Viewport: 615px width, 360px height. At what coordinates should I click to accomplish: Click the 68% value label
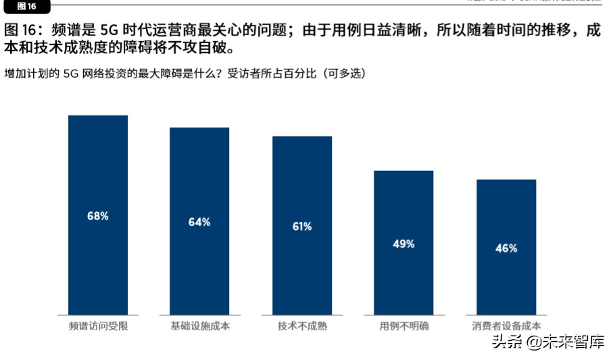coord(98,216)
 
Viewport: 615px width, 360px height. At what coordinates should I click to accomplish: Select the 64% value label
coord(199,222)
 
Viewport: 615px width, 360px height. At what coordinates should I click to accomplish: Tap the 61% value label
coord(302,226)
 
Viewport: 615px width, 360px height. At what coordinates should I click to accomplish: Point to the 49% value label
coord(403,244)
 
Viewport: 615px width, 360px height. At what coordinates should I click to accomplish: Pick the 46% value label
coord(506,248)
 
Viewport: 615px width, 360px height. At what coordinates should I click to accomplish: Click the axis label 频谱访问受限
coord(98,327)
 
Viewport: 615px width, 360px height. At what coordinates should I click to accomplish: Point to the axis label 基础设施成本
coord(199,327)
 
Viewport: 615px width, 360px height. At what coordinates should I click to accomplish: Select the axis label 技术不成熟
coord(302,327)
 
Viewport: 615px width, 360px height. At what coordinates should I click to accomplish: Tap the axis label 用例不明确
coord(403,327)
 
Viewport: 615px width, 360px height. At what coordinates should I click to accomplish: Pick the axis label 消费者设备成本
coord(506,327)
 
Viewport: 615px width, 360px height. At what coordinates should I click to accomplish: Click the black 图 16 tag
coord(26,6)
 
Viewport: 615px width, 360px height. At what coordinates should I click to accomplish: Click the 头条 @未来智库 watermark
coord(547,342)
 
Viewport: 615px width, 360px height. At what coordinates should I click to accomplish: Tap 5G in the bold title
coord(109,31)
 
